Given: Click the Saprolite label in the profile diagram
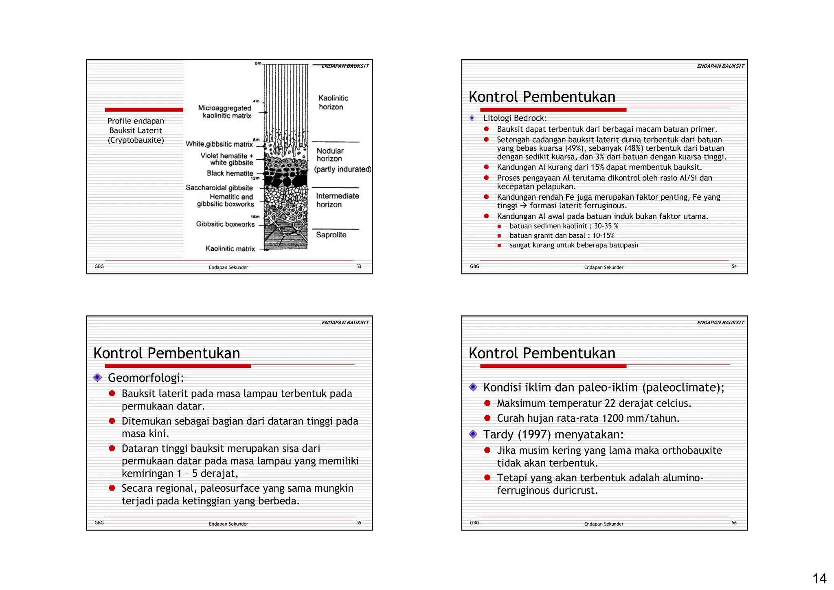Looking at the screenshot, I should [331, 235].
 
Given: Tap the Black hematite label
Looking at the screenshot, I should [230, 173].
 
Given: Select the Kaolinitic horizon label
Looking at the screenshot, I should [333, 102].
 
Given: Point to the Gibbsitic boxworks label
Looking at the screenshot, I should [225, 224].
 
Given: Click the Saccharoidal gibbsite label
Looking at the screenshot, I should [219, 188].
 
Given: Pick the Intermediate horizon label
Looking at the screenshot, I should [337, 200].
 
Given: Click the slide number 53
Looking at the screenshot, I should [358, 266].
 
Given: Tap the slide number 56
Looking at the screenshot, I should [734, 523].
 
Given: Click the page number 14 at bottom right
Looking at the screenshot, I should [819, 578].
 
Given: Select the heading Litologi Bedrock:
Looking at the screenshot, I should [515, 118].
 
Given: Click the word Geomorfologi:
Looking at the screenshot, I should [146, 378].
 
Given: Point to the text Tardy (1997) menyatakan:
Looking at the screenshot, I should [553, 435].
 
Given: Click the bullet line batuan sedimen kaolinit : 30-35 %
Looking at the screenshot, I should [564, 226].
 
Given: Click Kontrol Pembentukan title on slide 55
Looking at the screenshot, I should [167, 353].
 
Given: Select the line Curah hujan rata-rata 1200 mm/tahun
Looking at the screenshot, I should [588, 418].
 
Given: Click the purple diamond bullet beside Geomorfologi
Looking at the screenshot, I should [97, 378].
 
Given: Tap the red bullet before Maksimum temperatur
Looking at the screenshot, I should [487, 403].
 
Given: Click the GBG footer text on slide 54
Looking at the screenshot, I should [474, 266].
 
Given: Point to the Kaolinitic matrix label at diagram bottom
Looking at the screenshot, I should [230, 249].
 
